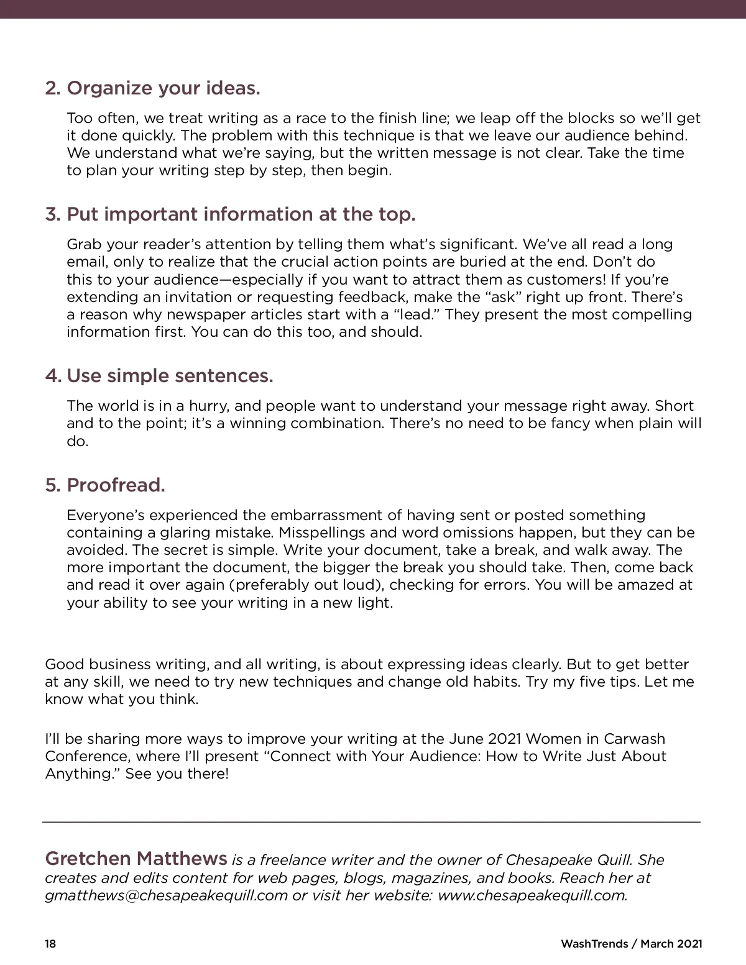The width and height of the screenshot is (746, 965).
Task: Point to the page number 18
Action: click(x=50, y=944)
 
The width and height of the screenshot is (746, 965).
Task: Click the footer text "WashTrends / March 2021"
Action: click(x=631, y=944)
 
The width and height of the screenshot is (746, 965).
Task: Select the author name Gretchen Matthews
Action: click(x=136, y=859)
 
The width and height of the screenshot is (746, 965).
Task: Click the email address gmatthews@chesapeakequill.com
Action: click(x=167, y=895)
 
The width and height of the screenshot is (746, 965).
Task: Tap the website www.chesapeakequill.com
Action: click(x=532, y=895)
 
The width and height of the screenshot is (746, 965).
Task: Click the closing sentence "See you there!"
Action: click(x=177, y=774)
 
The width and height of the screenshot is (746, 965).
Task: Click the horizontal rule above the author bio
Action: click(x=372, y=822)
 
